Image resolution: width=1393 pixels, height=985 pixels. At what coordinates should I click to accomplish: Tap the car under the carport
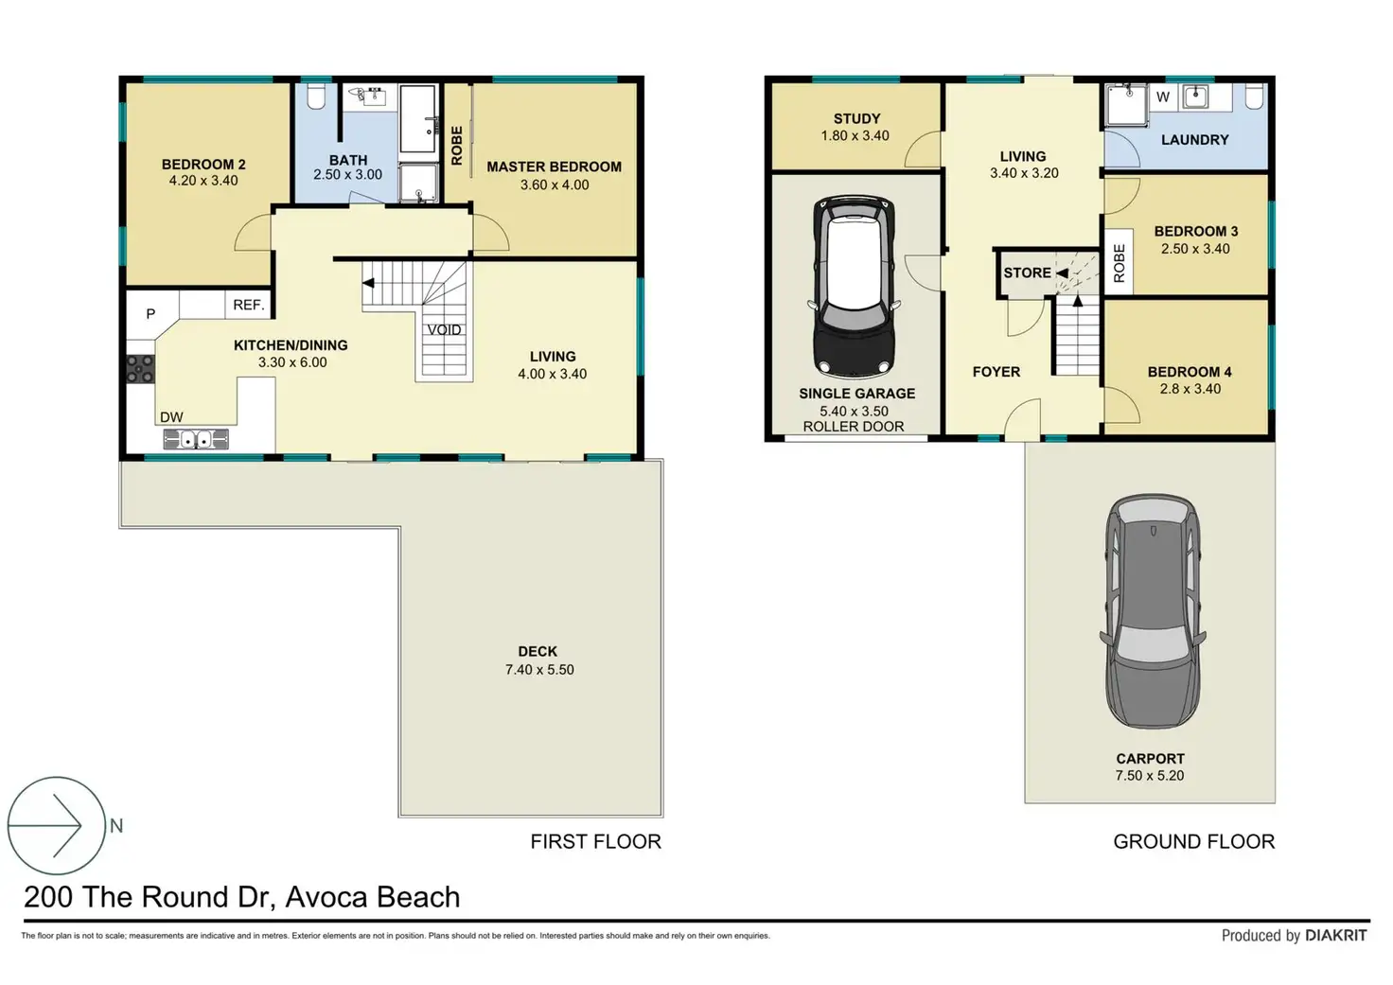click(x=1153, y=612)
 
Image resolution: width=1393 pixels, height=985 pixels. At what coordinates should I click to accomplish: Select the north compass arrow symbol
click(x=56, y=825)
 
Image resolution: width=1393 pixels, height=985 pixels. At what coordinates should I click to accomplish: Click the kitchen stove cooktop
click(x=140, y=369)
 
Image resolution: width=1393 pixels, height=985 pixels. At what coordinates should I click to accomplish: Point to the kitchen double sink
click(x=196, y=439)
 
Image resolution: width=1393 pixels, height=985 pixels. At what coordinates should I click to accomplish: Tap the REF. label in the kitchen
click(x=249, y=305)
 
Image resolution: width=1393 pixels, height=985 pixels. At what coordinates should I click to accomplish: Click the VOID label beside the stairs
click(x=444, y=329)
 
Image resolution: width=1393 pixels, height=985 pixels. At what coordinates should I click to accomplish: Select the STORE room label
click(x=1028, y=273)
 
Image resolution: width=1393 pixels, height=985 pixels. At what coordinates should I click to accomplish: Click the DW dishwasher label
click(x=171, y=417)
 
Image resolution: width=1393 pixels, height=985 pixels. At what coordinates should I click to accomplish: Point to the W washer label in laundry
click(x=1163, y=97)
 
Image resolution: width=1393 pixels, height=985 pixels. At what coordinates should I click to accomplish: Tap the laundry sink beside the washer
click(x=1195, y=97)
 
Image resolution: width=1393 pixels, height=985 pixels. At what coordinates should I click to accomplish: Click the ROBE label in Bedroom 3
click(x=1119, y=264)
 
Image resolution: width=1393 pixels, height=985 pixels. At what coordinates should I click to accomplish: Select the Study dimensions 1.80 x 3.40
click(x=855, y=135)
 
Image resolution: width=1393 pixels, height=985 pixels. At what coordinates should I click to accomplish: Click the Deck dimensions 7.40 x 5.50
click(x=539, y=670)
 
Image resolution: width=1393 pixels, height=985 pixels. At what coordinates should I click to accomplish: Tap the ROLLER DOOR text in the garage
click(x=854, y=427)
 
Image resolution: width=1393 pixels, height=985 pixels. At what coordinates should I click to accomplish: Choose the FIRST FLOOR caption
click(x=596, y=841)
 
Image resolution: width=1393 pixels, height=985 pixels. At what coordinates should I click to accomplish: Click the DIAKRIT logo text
click(x=1336, y=935)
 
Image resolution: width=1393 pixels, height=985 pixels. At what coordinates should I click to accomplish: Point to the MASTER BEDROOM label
click(x=555, y=167)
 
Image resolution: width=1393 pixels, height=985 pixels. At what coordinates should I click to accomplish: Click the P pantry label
click(x=150, y=314)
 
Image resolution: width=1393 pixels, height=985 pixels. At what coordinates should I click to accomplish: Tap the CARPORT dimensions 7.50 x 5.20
click(x=1150, y=776)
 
